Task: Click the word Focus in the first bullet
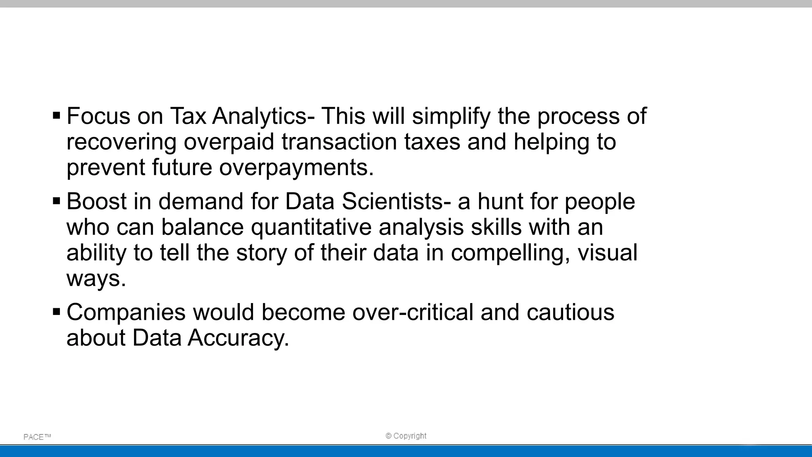[98, 116]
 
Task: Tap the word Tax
[188, 116]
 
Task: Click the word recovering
[121, 142]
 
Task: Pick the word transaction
[339, 142]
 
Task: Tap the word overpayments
[297, 168]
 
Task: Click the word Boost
[96, 201]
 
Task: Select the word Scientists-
[396, 201]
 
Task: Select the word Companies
[126, 312]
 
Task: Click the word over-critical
[413, 312]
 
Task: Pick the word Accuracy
[238, 338]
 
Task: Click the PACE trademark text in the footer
[37, 437]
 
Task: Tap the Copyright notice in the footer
[406, 436]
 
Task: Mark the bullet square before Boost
[56, 201]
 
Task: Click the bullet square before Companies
[56, 312]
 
